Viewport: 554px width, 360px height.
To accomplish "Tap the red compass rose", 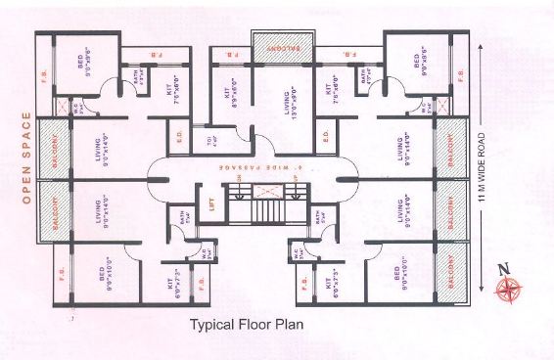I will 509,288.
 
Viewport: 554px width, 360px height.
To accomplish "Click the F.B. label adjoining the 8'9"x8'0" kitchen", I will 227,51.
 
